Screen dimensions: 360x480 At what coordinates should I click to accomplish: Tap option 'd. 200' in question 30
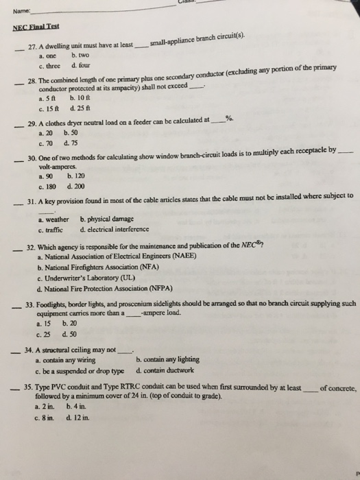[77, 186]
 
